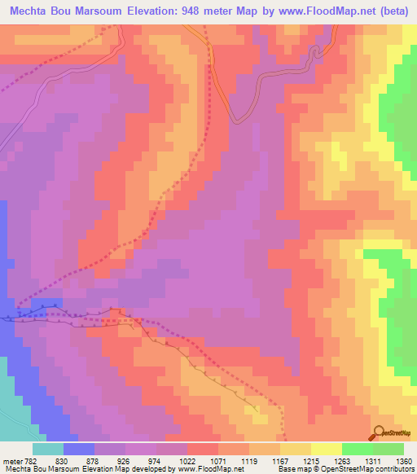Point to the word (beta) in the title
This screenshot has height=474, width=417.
pyautogui.click(x=395, y=11)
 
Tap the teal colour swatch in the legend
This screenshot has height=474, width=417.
pyautogui.click(x=48, y=449)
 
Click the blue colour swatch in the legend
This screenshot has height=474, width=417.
pyautogui.click(x=79, y=449)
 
